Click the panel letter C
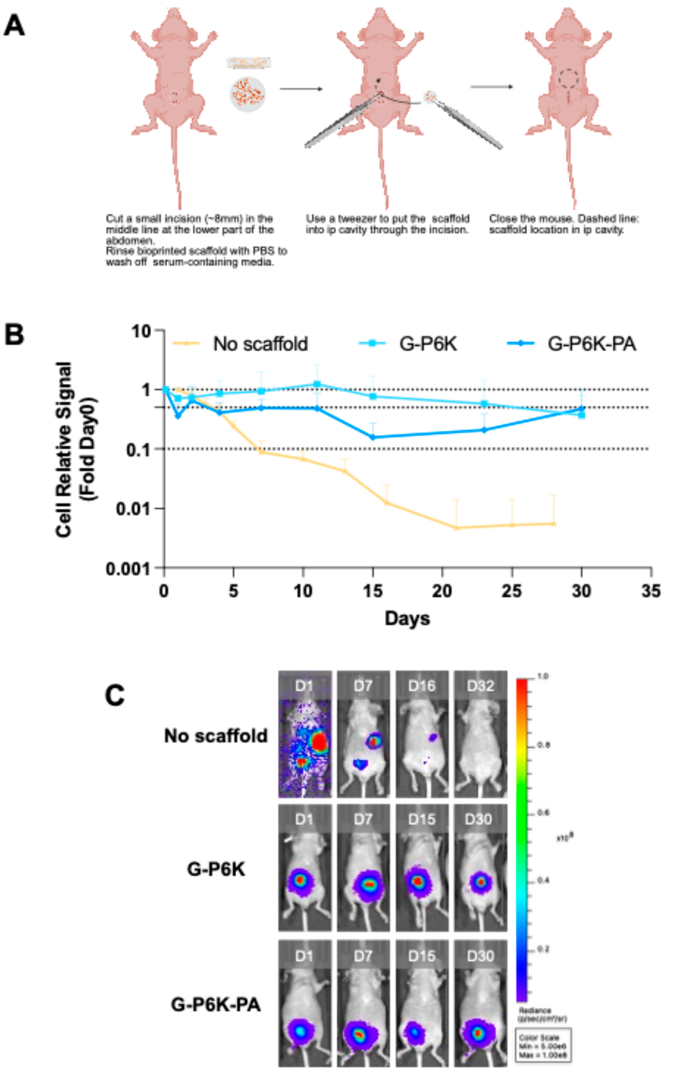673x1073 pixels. (115, 695)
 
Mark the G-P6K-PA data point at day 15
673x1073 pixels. (373, 437)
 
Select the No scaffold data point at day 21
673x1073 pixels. (456, 528)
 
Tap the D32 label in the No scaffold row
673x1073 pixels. (480, 686)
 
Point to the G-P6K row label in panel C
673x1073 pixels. (216, 869)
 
